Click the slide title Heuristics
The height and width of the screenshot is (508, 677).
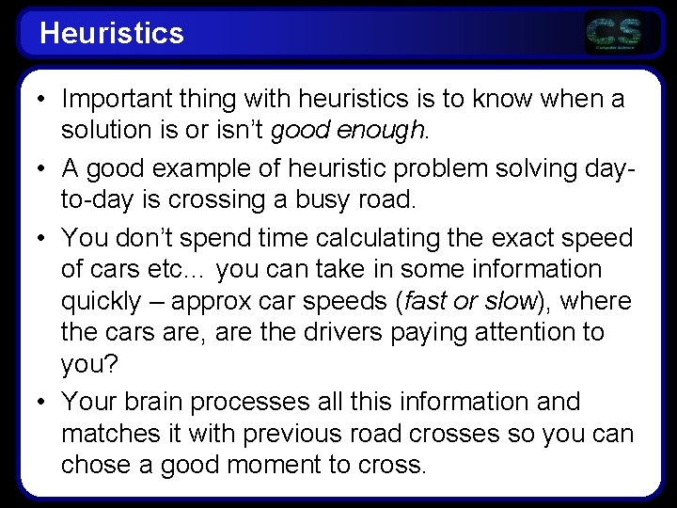pos(112,33)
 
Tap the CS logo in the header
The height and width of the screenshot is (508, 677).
pos(613,33)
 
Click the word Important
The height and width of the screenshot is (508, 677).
pos(117,100)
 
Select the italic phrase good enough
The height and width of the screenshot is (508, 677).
pos(347,131)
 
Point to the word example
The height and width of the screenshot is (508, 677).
pos(201,169)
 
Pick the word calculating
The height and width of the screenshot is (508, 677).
pos(377,239)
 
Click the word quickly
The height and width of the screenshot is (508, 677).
pos(101,302)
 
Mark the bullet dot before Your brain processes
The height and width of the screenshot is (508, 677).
pos(41,403)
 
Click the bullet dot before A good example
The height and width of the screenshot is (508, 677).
pos(41,168)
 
